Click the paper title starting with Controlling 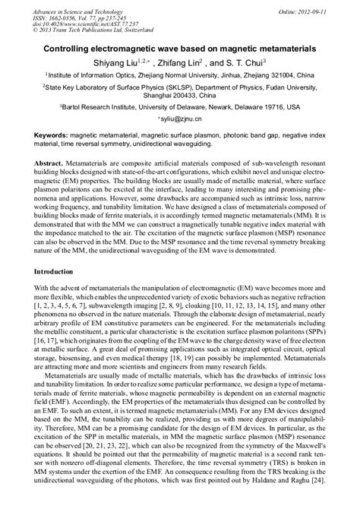[180, 48]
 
